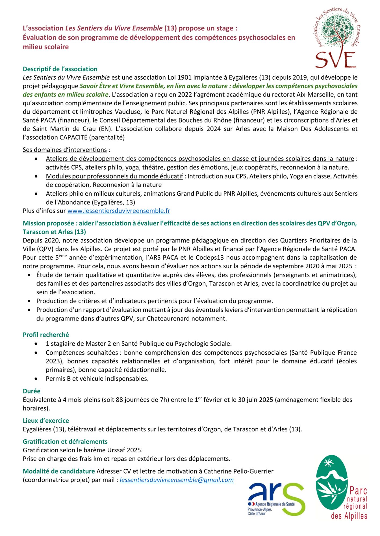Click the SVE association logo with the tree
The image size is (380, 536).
[x=337, y=38]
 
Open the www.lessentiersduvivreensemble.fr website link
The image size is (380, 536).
[x=118, y=211]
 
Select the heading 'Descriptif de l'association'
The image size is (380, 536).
[x=60, y=69]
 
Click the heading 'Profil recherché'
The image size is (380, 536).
[x=46, y=335]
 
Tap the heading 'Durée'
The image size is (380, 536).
[x=31, y=391]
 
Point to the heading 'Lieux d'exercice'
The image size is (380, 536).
[x=46, y=420]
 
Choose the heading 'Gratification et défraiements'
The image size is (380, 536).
[x=65, y=441]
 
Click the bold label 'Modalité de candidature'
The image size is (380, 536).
[x=59, y=471]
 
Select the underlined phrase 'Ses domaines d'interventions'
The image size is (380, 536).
[x=65, y=150]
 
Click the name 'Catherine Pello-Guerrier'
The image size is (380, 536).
[x=238, y=471]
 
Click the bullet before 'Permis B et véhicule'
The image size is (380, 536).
[x=36, y=379]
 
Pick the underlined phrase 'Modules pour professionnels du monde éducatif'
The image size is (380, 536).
[x=114, y=176]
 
